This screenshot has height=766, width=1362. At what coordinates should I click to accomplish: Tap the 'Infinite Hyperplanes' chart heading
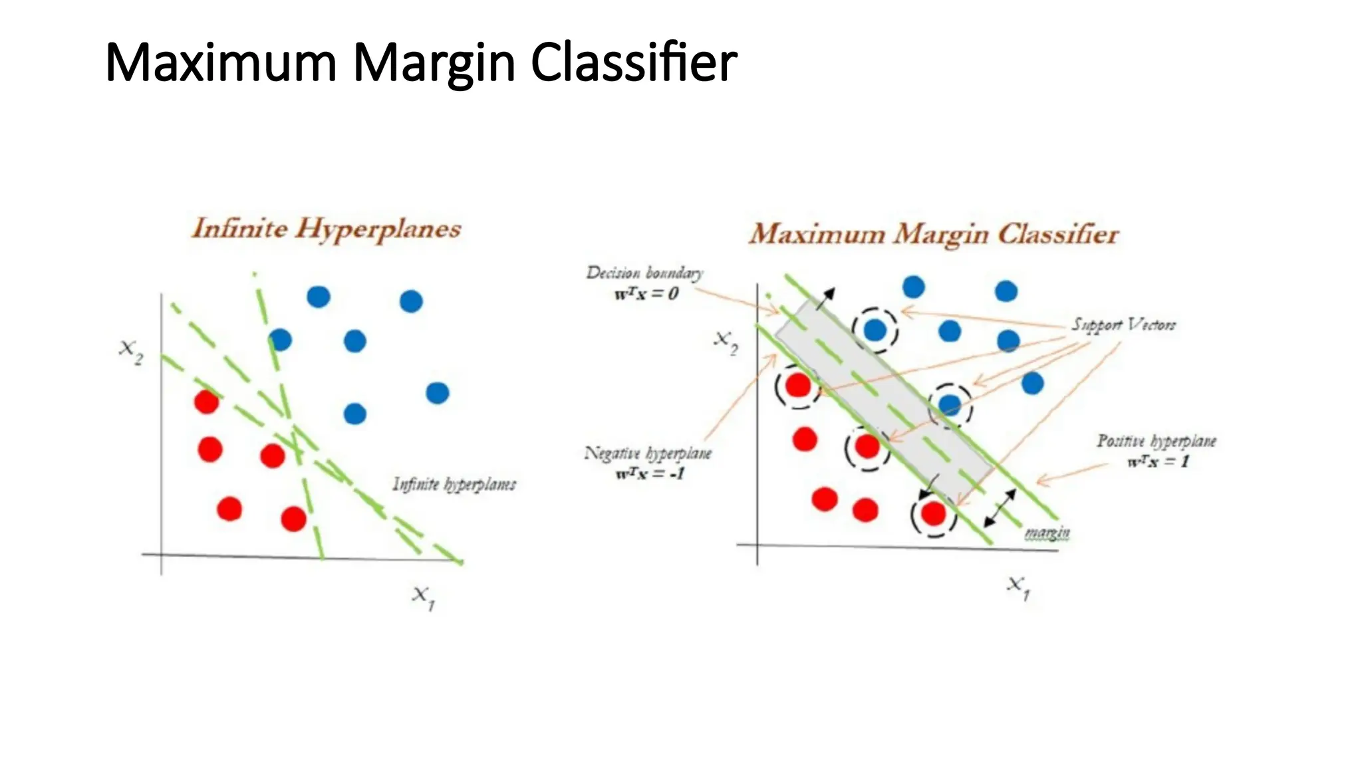click(x=326, y=229)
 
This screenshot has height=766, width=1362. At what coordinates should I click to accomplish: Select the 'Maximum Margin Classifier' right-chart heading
click(x=934, y=235)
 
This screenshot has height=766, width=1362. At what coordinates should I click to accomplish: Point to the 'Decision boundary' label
click(x=644, y=273)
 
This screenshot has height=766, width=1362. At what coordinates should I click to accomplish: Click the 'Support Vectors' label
click(x=1123, y=325)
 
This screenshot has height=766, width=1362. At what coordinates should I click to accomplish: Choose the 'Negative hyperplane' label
click(x=648, y=454)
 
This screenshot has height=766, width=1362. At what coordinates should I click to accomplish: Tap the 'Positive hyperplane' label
click(x=1156, y=442)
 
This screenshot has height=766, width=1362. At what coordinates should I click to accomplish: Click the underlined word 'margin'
click(x=1047, y=533)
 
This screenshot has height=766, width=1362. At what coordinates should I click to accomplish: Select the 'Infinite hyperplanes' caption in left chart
click(x=454, y=484)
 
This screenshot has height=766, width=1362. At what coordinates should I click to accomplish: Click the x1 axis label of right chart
click(x=1018, y=587)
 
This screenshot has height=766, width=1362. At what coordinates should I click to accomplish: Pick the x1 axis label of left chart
click(x=423, y=596)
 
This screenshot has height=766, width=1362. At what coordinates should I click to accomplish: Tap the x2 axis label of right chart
click(x=726, y=342)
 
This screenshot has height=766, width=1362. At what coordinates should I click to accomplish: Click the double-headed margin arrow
click(x=1000, y=508)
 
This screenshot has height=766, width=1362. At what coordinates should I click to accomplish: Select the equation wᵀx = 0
click(x=646, y=293)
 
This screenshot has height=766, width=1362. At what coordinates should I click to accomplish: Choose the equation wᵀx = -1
click(x=650, y=474)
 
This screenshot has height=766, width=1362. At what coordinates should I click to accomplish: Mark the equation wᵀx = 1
click(x=1158, y=461)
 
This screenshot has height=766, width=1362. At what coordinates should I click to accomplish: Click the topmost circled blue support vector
click(x=875, y=330)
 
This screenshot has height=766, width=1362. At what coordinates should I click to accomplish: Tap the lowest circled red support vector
click(x=933, y=513)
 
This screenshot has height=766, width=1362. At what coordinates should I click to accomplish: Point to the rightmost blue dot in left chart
click(x=437, y=393)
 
